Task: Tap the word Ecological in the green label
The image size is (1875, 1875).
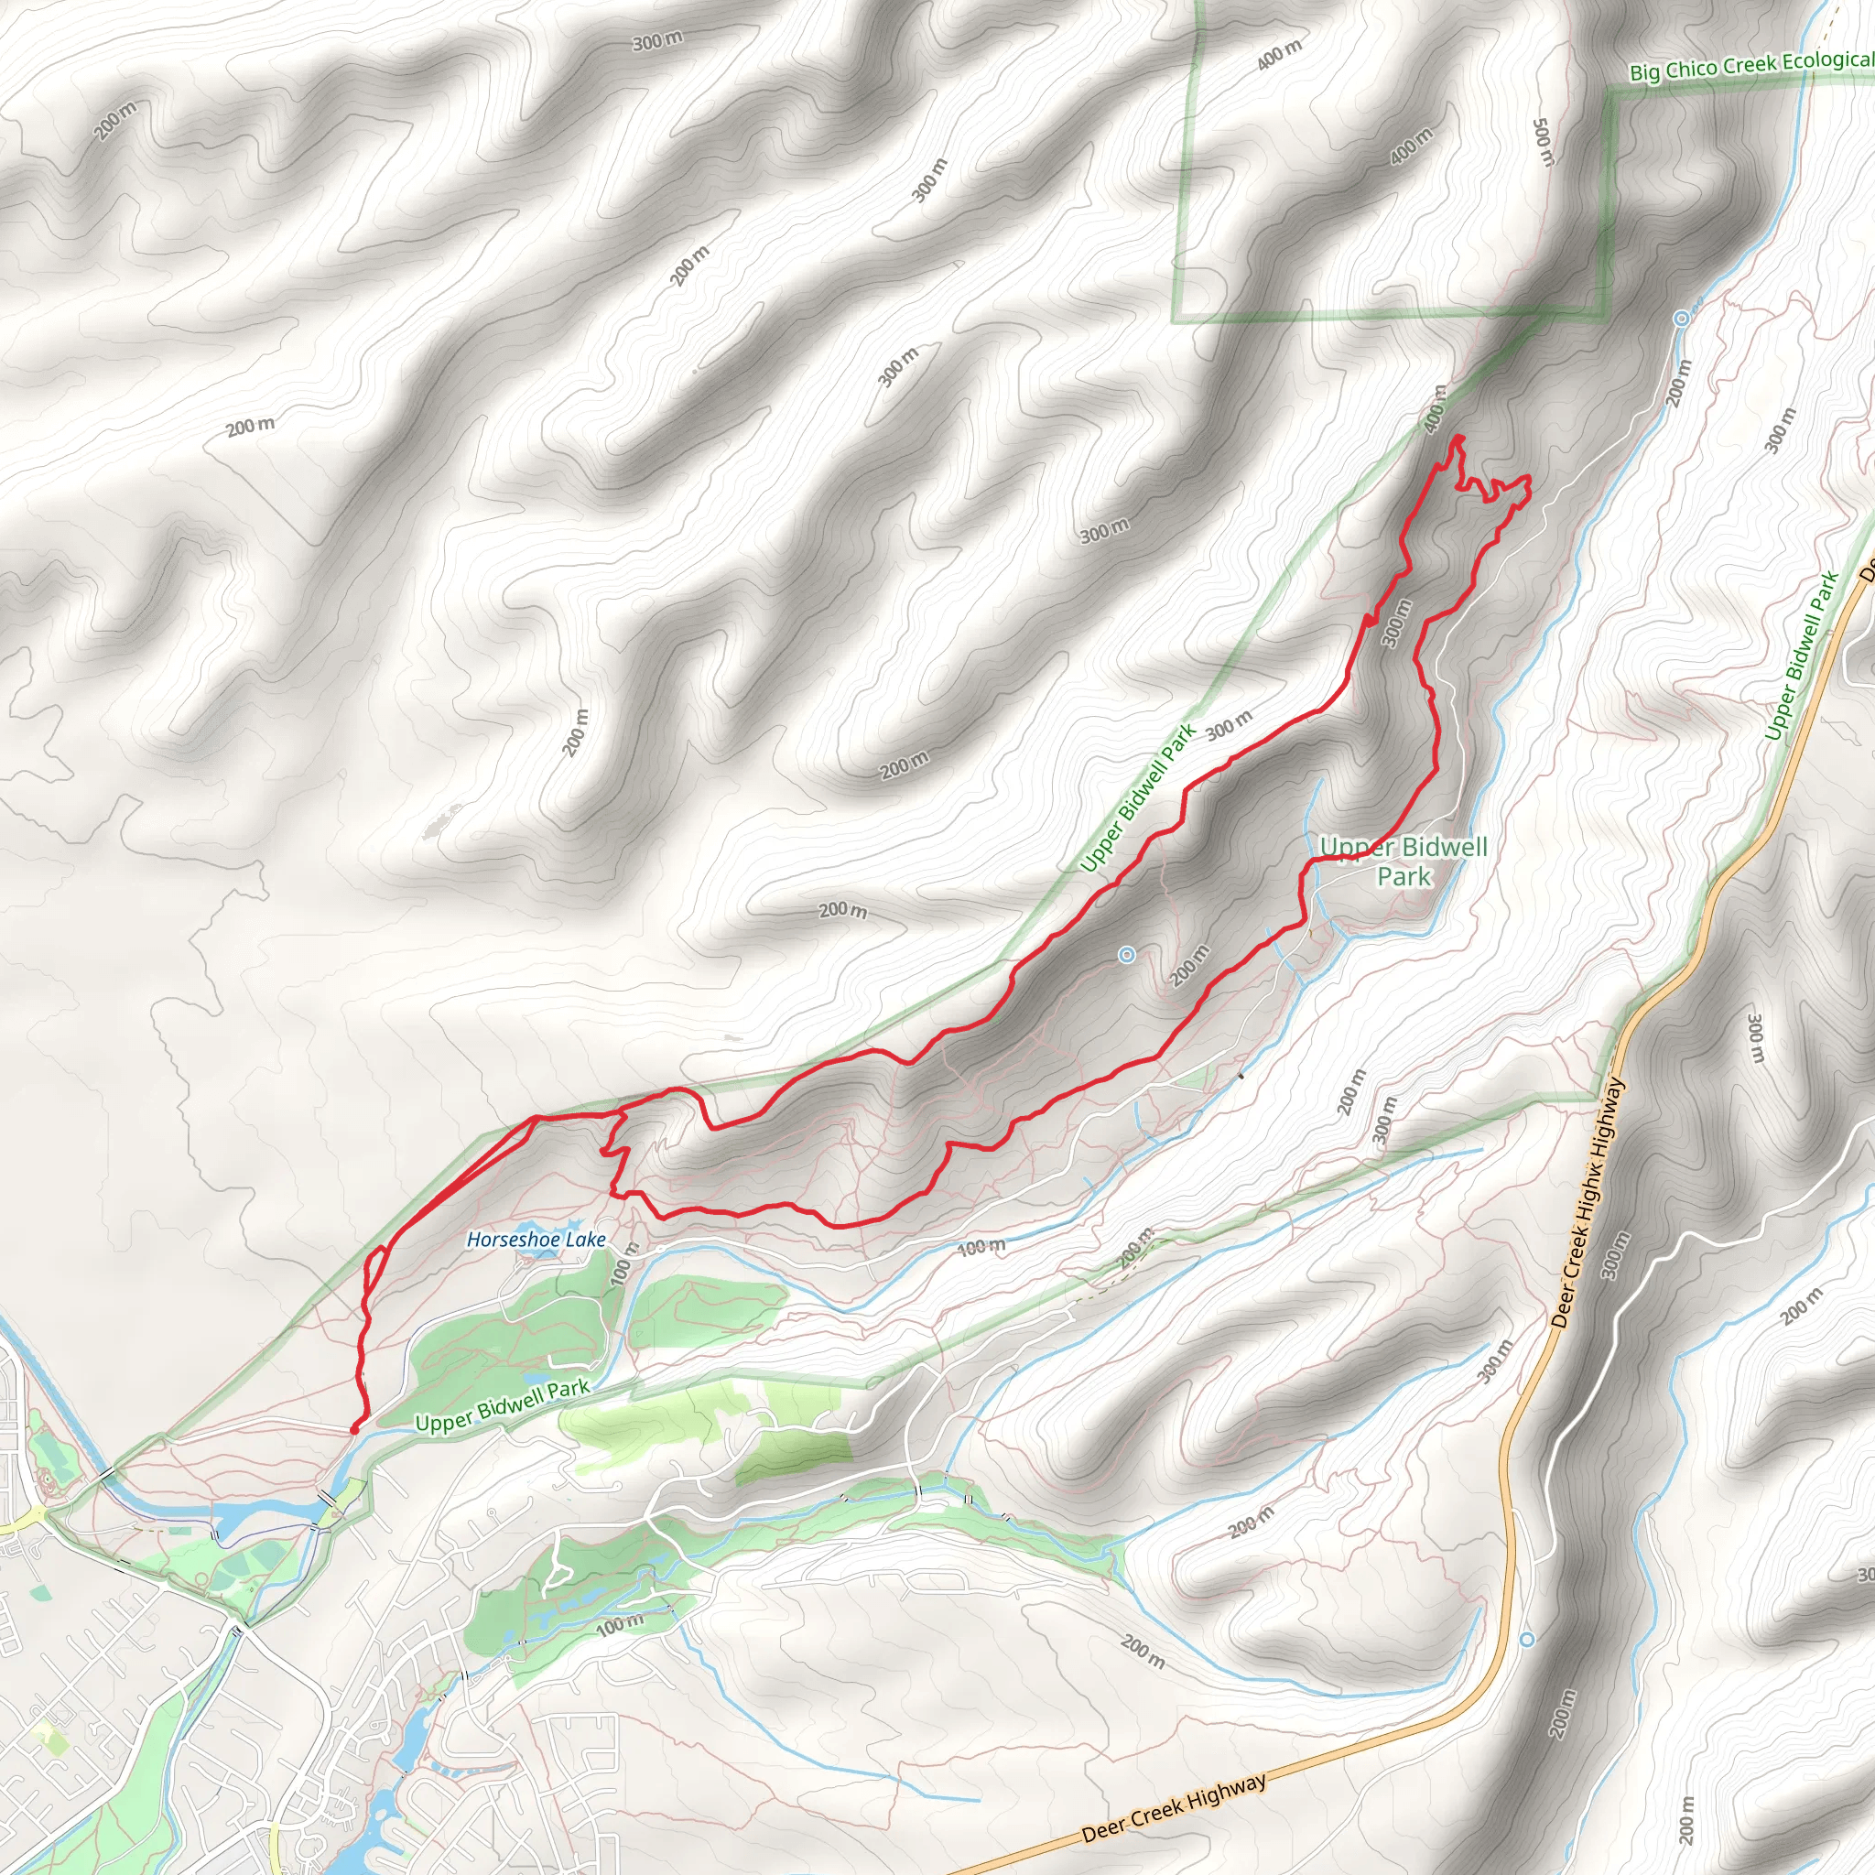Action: click(x=1826, y=60)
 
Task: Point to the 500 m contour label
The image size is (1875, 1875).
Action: click(x=1542, y=142)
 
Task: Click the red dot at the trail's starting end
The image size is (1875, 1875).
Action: click(x=354, y=1429)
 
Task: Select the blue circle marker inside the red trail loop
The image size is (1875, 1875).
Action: click(x=1127, y=955)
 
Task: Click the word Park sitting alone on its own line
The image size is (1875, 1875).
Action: click(x=1404, y=877)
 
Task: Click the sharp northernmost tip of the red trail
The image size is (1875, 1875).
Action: click(x=1458, y=439)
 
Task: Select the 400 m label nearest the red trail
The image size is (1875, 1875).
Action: click(x=1436, y=409)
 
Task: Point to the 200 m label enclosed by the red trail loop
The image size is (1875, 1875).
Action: click(x=1190, y=965)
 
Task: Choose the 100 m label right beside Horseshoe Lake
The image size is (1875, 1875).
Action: click(x=622, y=1263)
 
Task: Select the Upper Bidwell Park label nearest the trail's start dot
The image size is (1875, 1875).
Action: click(x=502, y=1406)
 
